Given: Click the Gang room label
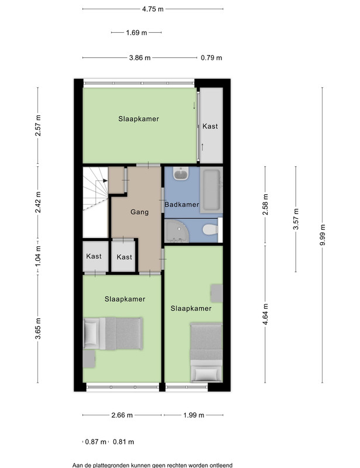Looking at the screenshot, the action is click(x=139, y=212).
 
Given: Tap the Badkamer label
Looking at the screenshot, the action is click(x=182, y=204).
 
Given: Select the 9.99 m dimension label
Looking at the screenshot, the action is click(x=323, y=235).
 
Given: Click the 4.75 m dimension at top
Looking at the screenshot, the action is click(x=153, y=9).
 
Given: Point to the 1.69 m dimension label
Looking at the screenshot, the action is click(x=136, y=33).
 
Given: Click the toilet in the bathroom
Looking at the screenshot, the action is click(x=210, y=230).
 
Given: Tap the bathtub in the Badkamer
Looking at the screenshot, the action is click(x=211, y=190).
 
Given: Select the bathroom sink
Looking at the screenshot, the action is click(x=181, y=174).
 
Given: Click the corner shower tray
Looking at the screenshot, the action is click(x=176, y=231).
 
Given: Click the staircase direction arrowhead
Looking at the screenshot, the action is click(x=105, y=181).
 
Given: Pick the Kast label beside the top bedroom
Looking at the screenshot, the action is click(x=210, y=126).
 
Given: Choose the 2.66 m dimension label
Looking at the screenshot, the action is click(x=122, y=415).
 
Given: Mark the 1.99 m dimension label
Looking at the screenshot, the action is click(x=194, y=415).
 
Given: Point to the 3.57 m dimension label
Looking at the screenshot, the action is click(x=296, y=219).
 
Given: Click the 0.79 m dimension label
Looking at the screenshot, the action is click(x=211, y=58).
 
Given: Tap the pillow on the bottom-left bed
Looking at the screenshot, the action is click(x=91, y=333).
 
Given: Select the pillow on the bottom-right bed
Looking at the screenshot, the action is click(x=206, y=374).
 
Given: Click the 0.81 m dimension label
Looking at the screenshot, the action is click(x=123, y=442).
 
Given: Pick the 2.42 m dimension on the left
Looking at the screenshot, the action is click(x=38, y=202).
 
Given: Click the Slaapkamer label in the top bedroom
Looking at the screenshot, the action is click(x=139, y=119).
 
